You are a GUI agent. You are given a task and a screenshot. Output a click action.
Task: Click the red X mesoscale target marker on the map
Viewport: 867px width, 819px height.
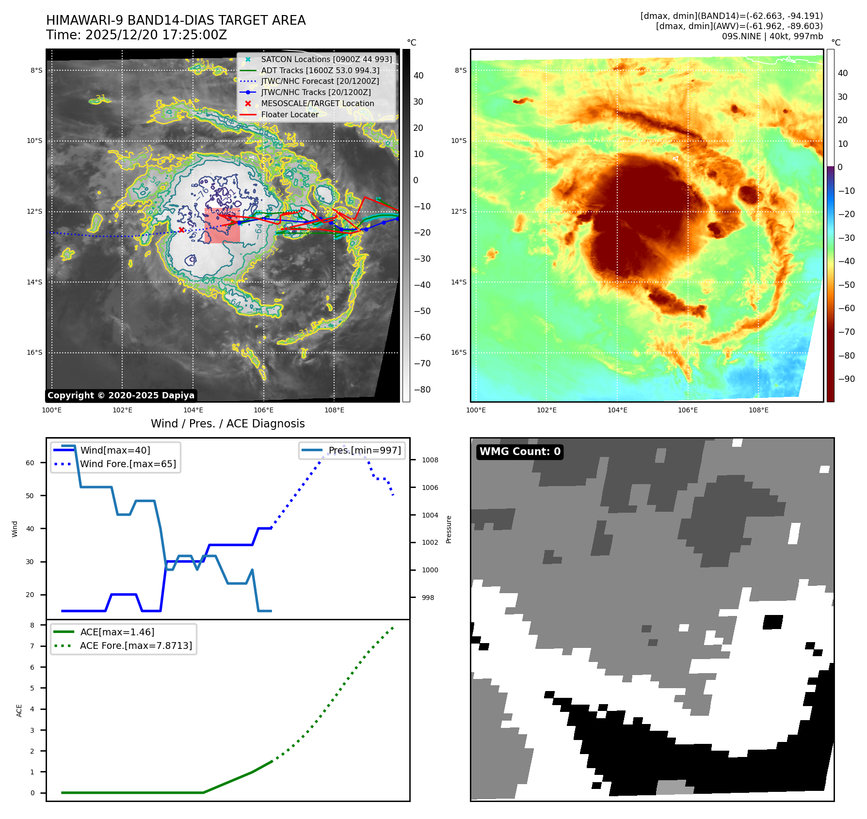pyautogui.click(x=181, y=230)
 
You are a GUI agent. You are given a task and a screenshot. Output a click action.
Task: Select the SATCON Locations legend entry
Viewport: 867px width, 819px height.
pyautogui.click(x=326, y=59)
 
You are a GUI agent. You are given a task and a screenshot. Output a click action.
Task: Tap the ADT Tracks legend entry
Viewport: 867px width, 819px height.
pyautogui.click(x=320, y=70)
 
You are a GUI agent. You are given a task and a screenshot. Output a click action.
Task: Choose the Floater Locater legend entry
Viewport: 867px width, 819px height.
pyautogui.click(x=289, y=114)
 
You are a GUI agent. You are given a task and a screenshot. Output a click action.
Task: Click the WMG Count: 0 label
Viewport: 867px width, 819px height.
pyautogui.click(x=520, y=452)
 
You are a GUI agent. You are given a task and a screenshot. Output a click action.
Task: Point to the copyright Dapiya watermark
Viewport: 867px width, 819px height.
pyautogui.click(x=121, y=395)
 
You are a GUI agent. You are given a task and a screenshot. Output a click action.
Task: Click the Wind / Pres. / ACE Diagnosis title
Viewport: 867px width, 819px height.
pyautogui.click(x=227, y=424)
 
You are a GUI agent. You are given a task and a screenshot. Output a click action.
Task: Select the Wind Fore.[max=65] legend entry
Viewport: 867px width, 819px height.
pyautogui.click(x=128, y=464)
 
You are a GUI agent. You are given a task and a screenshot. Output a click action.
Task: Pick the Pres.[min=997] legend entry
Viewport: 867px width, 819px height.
pyautogui.click(x=364, y=450)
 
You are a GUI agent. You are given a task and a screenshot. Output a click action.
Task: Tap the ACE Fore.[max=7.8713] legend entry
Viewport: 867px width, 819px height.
pyautogui.click(x=136, y=646)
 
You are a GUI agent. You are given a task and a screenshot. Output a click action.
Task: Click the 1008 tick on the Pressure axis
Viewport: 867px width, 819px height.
pyautogui.click(x=430, y=460)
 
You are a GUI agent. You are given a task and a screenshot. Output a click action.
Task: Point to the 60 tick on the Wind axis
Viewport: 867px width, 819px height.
pyautogui.click(x=30, y=463)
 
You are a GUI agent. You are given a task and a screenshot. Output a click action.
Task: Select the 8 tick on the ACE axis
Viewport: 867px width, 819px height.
pyautogui.click(x=32, y=625)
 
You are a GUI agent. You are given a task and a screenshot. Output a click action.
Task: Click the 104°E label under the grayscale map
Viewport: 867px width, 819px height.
pyautogui.click(x=193, y=410)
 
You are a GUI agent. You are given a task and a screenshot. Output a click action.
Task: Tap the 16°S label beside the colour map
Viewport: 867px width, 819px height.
pyautogui.click(x=459, y=352)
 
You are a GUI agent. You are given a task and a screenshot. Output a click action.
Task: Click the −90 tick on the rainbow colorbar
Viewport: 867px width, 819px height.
pyautogui.click(x=846, y=379)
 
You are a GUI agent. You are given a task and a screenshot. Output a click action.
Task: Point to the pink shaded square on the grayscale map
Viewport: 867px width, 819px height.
pyautogui.click(x=222, y=226)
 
